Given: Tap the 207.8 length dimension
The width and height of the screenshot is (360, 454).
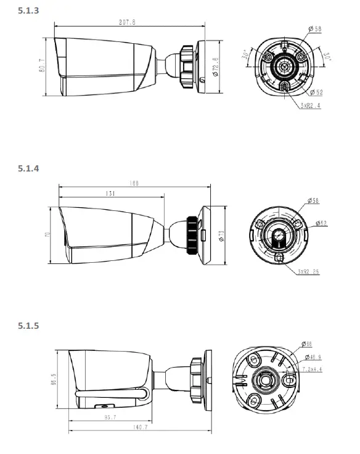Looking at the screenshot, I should tap(128, 22).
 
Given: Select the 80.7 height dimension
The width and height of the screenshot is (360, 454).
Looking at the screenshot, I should tap(43, 67).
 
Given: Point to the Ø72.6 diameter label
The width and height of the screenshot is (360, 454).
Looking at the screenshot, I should tap(214, 66).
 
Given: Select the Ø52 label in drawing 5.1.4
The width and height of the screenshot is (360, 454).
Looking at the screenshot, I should tap(321, 223).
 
